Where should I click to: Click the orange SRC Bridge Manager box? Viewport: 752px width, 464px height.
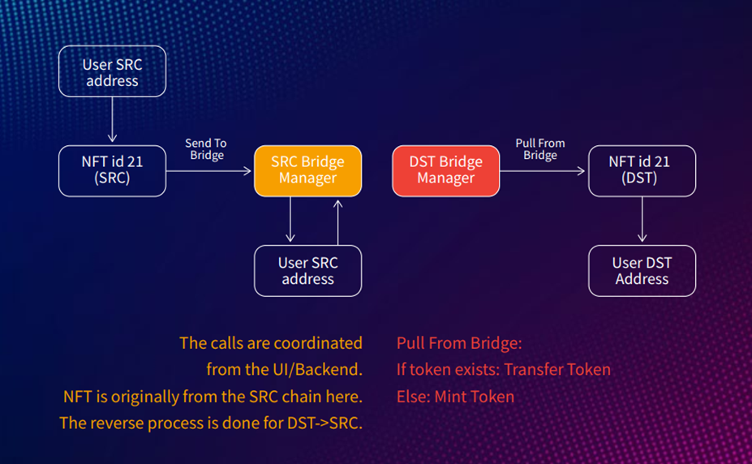[x=308, y=170]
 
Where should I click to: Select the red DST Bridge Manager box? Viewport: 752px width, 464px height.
[x=446, y=170]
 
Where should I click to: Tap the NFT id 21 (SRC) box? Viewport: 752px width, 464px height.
[x=112, y=170]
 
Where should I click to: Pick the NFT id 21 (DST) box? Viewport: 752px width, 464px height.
[x=642, y=170]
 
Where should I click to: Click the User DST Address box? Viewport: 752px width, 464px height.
[x=642, y=271]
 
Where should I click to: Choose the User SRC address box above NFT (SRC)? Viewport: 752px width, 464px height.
[x=112, y=71]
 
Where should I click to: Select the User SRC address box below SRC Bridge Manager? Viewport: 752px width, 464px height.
[x=308, y=271]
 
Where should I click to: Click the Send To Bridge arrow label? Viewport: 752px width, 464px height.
[x=206, y=149]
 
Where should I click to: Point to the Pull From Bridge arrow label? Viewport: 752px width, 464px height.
[x=540, y=149]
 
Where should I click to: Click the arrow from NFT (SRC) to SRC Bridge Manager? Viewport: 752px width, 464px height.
[x=208, y=170]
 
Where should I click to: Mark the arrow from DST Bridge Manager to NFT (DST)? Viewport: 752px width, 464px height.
[x=543, y=170]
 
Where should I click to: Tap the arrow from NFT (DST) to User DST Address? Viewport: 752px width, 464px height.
[x=642, y=219]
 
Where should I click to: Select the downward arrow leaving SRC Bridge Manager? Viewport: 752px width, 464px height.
[x=290, y=219]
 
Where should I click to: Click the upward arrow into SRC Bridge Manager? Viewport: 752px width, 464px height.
[x=338, y=222]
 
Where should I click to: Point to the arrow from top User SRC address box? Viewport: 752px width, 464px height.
[x=112, y=119]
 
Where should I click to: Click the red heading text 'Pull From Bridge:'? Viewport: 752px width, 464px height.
[x=459, y=343]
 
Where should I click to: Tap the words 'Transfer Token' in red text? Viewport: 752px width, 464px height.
[x=557, y=370]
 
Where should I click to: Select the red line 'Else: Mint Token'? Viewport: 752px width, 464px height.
[x=455, y=397]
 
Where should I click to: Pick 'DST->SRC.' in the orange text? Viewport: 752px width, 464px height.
[x=324, y=423]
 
